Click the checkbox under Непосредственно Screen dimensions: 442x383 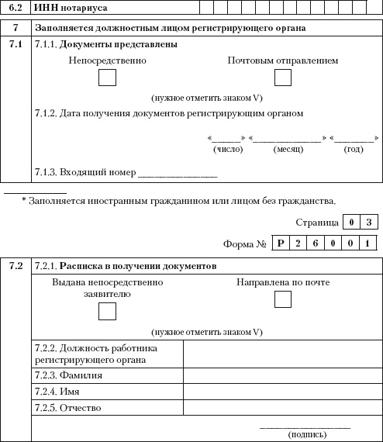point(109,78)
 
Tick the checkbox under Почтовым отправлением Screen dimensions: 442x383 point(283,78)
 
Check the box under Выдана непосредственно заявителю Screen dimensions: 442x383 point(108,312)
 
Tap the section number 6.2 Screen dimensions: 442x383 point(16,8)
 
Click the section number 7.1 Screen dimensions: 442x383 point(16,45)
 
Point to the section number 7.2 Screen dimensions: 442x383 point(16,266)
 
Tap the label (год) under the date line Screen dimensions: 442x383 point(353,149)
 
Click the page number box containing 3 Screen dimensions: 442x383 point(370,223)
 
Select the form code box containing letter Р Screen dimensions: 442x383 point(281,243)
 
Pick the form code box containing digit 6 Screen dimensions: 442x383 point(317,243)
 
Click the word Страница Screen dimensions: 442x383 point(317,223)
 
